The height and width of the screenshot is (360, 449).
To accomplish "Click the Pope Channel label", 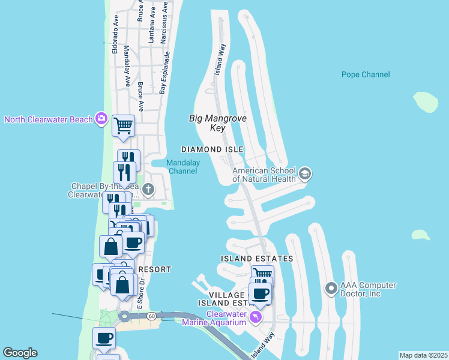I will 366,74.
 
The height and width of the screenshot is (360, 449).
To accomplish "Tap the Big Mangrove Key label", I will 209,123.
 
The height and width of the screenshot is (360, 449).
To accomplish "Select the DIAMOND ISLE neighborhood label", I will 212,149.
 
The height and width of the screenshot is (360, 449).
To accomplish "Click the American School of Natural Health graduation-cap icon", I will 306,174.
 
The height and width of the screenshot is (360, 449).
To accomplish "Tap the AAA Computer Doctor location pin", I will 331,289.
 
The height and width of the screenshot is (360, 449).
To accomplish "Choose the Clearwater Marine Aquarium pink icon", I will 256,316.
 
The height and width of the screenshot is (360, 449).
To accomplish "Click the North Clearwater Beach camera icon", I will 102,119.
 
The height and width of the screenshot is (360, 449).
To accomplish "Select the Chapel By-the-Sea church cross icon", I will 148,191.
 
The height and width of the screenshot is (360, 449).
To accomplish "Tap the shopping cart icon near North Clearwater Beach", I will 123,125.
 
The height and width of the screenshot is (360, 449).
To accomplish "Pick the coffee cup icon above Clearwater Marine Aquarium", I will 260,293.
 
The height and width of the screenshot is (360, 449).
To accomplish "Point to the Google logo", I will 20,353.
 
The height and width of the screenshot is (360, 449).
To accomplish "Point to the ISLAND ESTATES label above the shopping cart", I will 256,259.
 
